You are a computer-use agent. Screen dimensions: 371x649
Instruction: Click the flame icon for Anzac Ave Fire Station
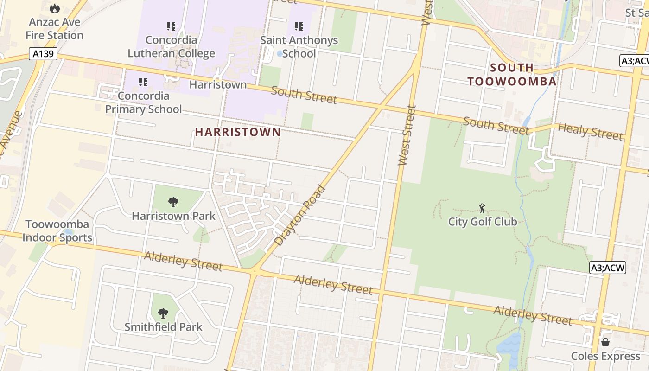[x=55, y=8]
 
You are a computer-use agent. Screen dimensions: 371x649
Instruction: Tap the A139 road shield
[x=44, y=54]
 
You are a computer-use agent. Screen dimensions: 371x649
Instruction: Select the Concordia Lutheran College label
[x=171, y=47]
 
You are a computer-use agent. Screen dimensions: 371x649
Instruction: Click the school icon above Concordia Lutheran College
[x=171, y=26]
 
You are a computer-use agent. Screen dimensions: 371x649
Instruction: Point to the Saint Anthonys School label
[x=299, y=47]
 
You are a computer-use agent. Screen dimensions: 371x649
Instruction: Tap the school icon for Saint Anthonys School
[x=299, y=26]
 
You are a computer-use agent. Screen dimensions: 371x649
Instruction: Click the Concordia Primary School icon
[x=143, y=82]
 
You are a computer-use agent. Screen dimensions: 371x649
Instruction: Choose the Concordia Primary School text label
[x=143, y=102]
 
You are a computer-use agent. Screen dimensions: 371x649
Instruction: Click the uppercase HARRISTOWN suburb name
[x=238, y=132]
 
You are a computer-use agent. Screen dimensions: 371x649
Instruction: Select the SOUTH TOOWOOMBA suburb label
[x=512, y=75]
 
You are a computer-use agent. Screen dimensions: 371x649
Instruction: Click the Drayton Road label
[x=300, y=215]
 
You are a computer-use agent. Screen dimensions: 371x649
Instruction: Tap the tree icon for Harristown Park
[x=173, y=202]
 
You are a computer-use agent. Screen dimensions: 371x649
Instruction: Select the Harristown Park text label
[x=173, y=216]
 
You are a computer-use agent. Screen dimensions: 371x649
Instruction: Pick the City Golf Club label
[x=482, y=222]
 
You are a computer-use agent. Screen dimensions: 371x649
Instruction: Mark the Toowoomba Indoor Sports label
[x=57, y=231]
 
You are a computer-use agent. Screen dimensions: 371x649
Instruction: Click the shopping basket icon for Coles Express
[x=605, y=342]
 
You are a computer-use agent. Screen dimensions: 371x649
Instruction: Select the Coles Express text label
[x=605, y=356]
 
